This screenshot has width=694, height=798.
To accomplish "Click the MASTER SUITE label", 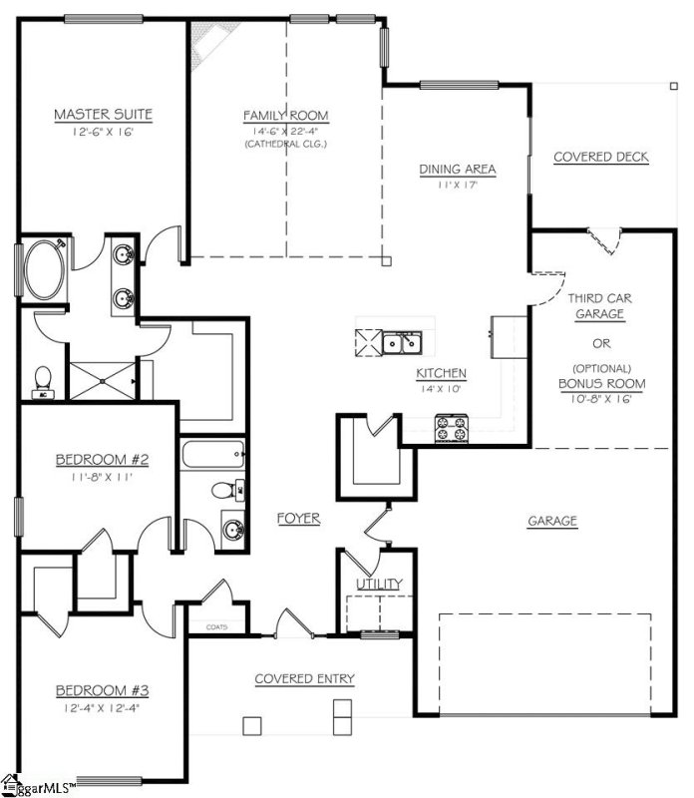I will pyautogui.click(x=103, y=116).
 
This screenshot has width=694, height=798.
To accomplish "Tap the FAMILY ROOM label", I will pyautogui.click(x=285, y=116).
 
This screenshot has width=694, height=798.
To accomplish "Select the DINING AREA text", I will pyautogui.click(x=458, y=169).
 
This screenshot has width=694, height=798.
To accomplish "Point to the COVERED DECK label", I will pyautogui.click(x=600, y=157).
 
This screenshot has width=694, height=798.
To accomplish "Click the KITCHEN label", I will pyautogui.click(x=442, y=373).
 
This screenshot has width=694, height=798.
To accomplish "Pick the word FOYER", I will pyautogui.click(x=298, y=518).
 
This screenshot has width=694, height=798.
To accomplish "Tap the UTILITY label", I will pyautogui.click(x=380, y=584).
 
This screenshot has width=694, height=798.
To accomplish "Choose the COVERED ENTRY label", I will pyautogui.click(x=304, y=679).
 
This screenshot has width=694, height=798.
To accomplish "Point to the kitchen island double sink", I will pyautogui.click(x=405, y=343).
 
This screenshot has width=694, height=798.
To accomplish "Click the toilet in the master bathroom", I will pyautogui.click(x=43, y=380).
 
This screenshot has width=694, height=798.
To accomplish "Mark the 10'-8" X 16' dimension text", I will pyautogui.click(x=601, y=399).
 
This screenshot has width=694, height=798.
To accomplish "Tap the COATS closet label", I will pyautogui.click(x=216, y=627).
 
